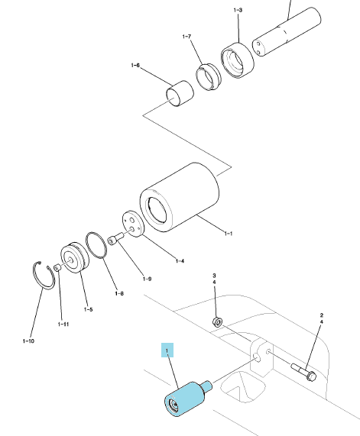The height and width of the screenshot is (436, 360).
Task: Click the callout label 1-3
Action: pyautogui.click(x=238, y=10)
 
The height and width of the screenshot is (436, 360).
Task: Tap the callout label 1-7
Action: pyautogui.click(x=186, y=37)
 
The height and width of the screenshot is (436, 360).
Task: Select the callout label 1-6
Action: pyautogui.click(x=135, y=66)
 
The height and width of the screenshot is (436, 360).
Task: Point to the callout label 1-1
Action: pyautogui.click(x=229, y=234)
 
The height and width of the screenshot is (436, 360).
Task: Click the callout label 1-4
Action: pyautogui.click(x=180, y=261)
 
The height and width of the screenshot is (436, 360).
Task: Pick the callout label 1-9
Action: pyautogui.click(x=147, y=279)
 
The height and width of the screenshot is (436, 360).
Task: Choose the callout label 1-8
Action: pyautogui.click(x=119, y=293)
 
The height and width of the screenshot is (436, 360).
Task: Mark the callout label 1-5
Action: pyautogui.click(x=88, y=309)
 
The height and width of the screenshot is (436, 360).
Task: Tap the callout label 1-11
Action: pyautogui.click(x=63, y=325)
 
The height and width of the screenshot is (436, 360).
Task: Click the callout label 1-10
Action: pyautogui.click(x=28, y=341)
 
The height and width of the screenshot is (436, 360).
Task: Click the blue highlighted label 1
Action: pyautogui.click(x=167, y=350)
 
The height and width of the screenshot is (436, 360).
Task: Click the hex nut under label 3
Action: pyautogui.click(x=217, y=322)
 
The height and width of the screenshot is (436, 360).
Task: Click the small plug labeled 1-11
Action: pyautogui.click(x=57, y=267)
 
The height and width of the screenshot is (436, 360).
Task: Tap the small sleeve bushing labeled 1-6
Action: pyautogui.click(x=180, y=93)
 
